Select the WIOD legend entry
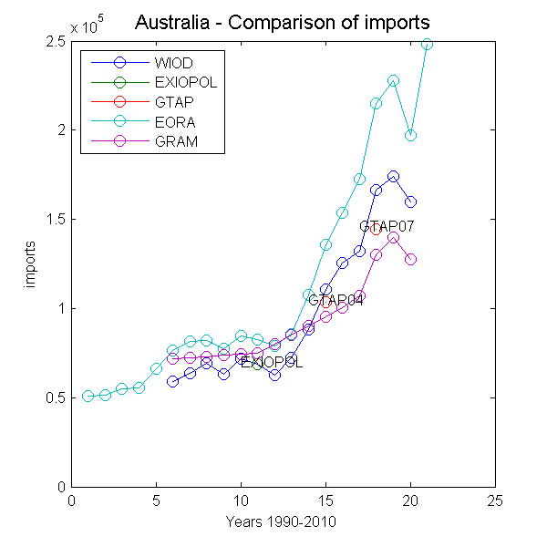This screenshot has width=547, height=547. click(x=173, y=63)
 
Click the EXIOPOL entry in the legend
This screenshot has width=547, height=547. click(x=181, y=83)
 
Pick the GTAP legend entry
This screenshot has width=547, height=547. click(x=171, y=102)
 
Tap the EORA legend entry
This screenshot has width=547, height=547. click(x=171, y=122)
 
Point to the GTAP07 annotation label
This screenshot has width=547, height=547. click(x=393, y=226)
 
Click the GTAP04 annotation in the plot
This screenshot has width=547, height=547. click(x=335, y=300)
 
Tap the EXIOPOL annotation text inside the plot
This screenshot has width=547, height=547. click(x=272, y=363)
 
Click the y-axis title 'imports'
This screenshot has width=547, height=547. click(x=30, y=264)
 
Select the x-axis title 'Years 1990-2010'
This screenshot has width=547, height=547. click(x=283, y=522)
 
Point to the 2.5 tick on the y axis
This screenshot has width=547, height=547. click(x=56, y=42)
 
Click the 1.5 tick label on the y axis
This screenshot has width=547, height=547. click(x=56, y=220)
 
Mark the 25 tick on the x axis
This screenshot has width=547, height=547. click(x=495, y=501)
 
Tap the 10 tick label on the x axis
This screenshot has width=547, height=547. click(x=241, y=501)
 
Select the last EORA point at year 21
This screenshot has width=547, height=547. click(x=427, y=44)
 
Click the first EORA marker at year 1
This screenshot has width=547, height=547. click(x=88, y=396)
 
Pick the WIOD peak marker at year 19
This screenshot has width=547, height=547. click(x=393, y=176)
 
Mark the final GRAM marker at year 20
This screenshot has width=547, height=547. click(x=410, y=259)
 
